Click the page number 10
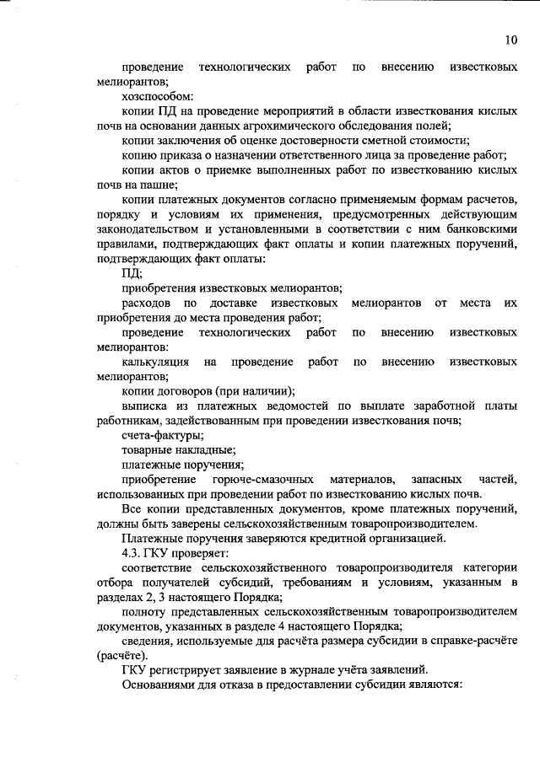(511, 39)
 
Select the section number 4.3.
(133, 552)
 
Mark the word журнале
(287, 669)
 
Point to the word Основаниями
(162, 684)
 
